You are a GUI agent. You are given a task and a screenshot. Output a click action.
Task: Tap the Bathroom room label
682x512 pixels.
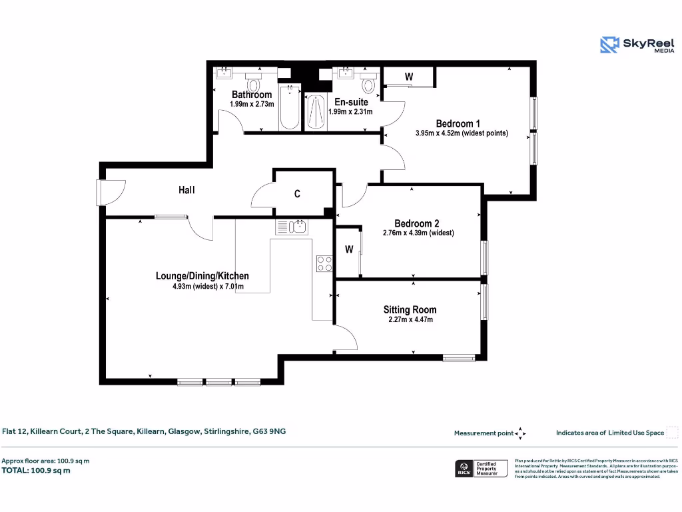point(252,95)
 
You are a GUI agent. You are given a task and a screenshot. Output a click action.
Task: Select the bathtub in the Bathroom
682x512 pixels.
point(289,107)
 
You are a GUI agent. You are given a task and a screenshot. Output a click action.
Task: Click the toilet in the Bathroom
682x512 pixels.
point(252,85)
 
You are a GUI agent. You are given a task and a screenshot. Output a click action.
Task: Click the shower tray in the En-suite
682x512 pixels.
point(316,112)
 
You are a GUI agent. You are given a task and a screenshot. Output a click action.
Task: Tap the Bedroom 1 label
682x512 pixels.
point(458,123)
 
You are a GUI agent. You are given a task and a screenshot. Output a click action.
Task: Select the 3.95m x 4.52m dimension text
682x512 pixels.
point(462,133)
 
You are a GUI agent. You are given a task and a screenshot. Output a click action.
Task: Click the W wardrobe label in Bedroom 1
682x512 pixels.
point(409,77)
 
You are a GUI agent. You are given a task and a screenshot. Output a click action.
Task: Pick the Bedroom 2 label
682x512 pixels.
point(416,223)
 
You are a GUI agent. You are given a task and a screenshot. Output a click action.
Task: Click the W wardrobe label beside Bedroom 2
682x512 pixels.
point(349,250)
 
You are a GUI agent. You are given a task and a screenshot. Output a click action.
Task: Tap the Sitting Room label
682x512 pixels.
point(410,309)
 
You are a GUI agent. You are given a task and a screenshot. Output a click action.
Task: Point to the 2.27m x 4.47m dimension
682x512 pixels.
point(410,319)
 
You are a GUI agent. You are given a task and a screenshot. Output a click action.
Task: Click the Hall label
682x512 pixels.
point(186,190)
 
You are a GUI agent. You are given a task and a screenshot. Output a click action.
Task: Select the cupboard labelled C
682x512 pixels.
point(297,194)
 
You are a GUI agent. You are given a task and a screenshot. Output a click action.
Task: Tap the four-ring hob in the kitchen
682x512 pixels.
point(324,263)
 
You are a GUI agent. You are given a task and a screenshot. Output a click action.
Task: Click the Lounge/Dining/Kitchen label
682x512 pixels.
point(202,276)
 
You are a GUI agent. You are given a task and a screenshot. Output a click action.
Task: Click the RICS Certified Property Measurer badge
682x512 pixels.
point(481,468)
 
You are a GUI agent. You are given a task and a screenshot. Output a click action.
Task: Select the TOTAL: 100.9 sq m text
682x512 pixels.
point(36,471)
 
